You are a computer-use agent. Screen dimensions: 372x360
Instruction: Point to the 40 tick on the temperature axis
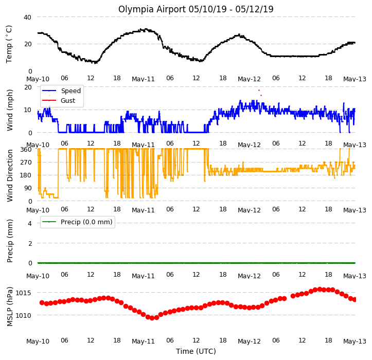27,17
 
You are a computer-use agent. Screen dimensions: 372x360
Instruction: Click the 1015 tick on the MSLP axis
23,293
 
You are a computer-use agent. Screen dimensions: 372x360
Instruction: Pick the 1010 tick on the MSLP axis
23,316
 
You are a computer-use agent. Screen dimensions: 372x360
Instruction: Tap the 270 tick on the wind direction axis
26,163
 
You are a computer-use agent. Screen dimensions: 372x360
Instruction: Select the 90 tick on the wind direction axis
28,188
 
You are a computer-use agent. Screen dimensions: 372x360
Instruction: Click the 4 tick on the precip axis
30,223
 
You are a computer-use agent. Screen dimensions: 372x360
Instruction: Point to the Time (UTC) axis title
196,351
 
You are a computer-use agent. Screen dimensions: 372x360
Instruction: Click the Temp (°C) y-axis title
9,44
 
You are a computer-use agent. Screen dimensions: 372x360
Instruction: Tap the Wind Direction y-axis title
10,176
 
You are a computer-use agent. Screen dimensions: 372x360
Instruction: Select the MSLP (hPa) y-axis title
10,307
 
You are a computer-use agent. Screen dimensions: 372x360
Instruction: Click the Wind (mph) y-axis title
10,110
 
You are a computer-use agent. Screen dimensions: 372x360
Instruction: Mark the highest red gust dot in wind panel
259,91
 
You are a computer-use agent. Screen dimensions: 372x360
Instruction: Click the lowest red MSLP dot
152,318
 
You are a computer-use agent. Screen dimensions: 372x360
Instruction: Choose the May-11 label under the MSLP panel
144,341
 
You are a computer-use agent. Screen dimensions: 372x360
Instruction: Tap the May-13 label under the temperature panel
355,79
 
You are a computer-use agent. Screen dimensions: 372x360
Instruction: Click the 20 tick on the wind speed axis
28,87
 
